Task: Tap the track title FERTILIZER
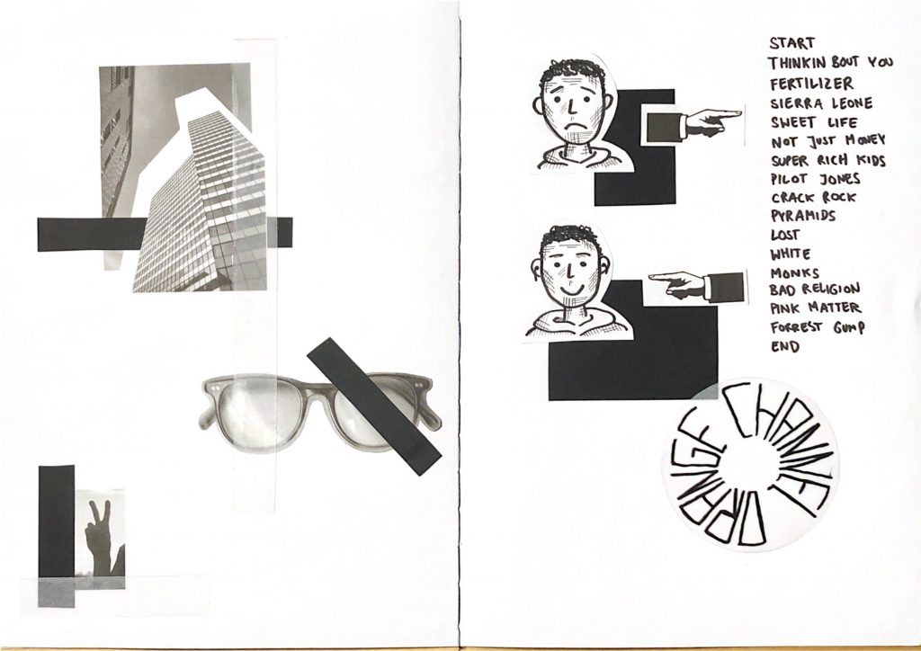tap(812, 84)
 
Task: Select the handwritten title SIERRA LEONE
tap(821, 103)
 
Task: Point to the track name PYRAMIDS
tap(803, 216)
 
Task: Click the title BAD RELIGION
tap(815, 289)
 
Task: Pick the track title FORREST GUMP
tap(818, 327)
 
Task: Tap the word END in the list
tap(785, 346)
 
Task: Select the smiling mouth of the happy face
tap(568, 290)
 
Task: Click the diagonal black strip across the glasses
tap(373, 406)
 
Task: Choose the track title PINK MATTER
tap(815, 308)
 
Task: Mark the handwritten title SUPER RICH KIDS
tap(827, 160)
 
